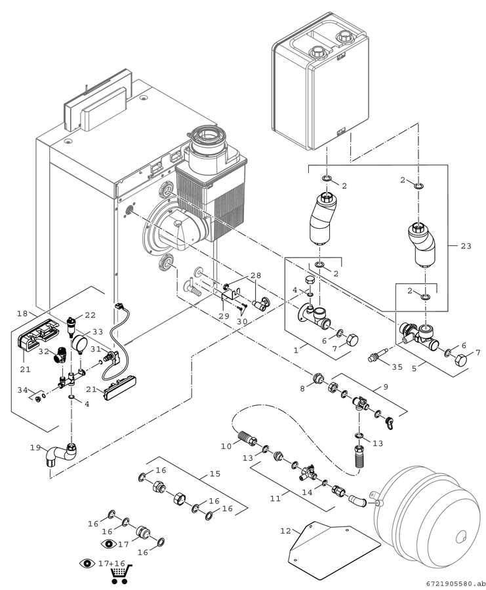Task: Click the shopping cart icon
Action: [x=121, y=572]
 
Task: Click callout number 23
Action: [x=466, y=246]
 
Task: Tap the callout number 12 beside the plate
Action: [x=286, y=531]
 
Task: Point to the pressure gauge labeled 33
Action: [x=79, y=344]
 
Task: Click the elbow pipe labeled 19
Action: [x=60, y=454]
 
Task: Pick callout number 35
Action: [x=397, y=367]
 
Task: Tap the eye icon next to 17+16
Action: [x=87, y=563]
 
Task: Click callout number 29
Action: [x=224, y=316]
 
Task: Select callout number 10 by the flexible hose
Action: [x=226, y=446]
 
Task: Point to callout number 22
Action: [x=90, y=315]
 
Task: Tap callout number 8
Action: [x=302, y=389]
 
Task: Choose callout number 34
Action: [x=23, y=390]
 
